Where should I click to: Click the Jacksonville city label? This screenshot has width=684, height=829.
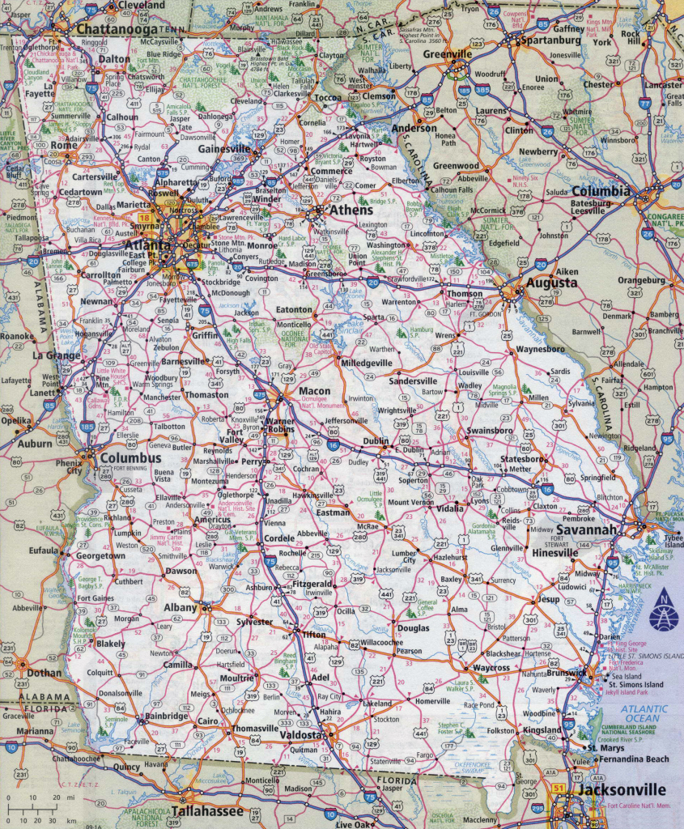tap(621, 789)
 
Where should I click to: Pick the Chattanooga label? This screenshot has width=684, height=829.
tap(111, 28)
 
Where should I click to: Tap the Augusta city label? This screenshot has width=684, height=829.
tap(552, 283)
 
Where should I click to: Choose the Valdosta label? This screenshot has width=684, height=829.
tap(302, 734)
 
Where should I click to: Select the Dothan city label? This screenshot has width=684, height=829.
tap(44, 672)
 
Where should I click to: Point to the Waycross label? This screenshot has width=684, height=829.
tap(491, 668)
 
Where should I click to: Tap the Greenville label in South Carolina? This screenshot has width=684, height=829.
tap(446, 53)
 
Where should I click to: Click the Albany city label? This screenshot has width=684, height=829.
tap(181, 607)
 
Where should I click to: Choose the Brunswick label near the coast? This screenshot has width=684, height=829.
tap(566, 673)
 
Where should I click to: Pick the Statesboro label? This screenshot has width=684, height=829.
tap(523, 458)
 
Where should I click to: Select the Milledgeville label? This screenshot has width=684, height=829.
tap(366, 363)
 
